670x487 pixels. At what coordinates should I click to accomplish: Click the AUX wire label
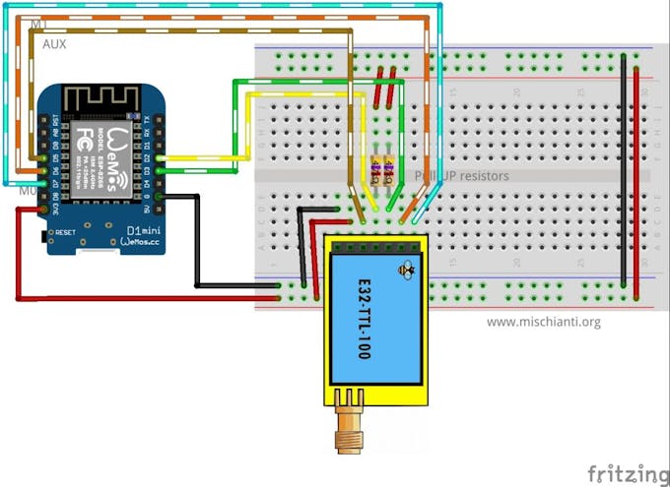54,44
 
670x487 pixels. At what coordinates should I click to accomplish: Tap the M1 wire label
39,23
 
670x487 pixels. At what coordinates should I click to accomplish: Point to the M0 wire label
29,190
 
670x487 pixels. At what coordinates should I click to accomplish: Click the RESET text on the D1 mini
66,233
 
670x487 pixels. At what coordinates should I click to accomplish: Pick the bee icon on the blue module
406,268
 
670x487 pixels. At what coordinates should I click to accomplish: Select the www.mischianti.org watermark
543,322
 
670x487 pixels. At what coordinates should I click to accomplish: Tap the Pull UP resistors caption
463,176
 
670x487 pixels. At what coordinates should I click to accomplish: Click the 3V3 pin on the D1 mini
44,210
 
